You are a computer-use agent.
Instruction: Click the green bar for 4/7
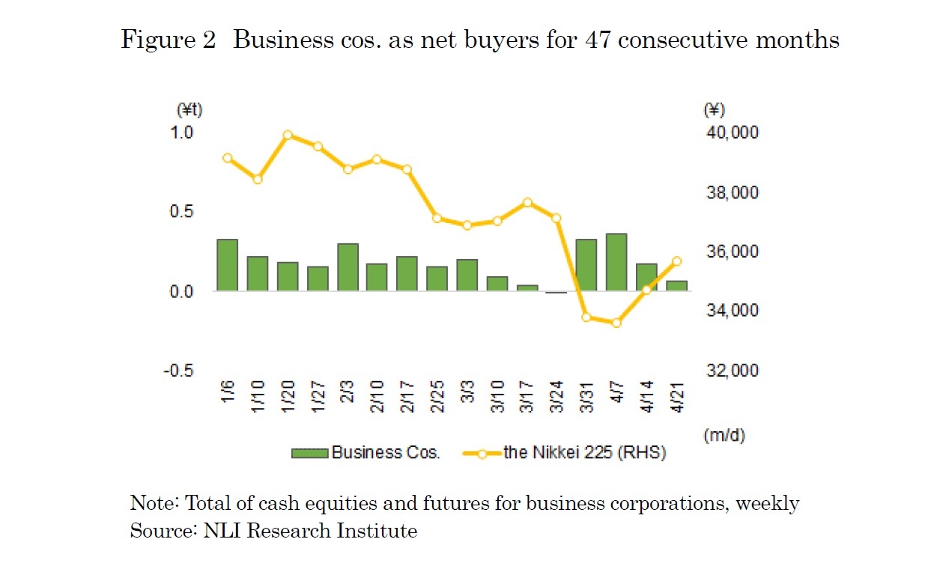[616, 262]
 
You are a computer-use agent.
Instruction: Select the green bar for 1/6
[227, 265]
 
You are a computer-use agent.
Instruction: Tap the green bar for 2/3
[348, 267]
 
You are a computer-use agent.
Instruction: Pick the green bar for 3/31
[586, 265]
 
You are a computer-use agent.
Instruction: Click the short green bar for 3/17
[527, 287]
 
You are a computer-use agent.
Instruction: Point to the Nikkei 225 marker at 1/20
[288, 136]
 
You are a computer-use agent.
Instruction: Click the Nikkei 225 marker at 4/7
[616, 323]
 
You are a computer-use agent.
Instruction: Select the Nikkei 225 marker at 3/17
[527, 202]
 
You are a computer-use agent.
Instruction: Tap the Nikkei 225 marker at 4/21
[676, 261]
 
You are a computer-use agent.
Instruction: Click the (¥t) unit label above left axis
[189, 110]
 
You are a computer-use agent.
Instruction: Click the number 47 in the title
[595, 40]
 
